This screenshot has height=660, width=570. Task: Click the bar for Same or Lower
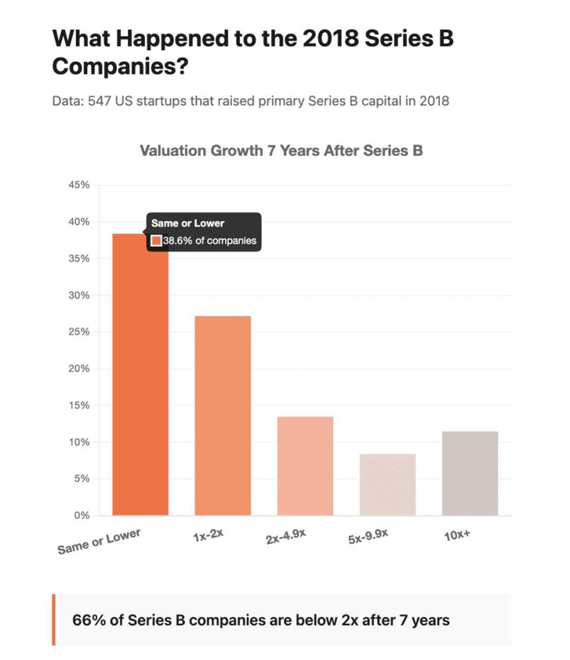pos(140,380)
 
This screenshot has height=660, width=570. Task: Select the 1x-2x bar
pos(222,415)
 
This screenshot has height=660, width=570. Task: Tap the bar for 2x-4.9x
pos(305,466)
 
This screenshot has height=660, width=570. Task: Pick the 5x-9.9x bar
pos(387,484)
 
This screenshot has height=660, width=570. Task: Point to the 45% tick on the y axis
pos(79,185)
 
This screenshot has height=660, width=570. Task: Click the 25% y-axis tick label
pos(79,332)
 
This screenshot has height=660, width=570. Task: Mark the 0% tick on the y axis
pos(81,516)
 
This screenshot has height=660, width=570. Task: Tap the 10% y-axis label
pos(79,442)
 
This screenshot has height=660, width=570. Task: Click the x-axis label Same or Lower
pos(99,542)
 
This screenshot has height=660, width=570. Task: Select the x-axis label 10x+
pos(457,536)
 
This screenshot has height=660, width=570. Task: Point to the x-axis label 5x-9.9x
pos(368,537)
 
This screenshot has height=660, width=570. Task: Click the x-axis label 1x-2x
pos(208,535)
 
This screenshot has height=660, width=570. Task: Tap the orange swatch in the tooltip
pos(156,241)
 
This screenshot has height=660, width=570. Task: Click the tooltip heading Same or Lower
pos(188,223)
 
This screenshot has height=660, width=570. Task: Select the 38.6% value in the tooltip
pos(178,241)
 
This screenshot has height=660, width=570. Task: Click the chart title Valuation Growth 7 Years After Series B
pos(281,151)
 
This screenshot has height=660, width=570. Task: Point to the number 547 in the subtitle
pos(100,101)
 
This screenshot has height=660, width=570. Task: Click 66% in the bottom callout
pos(89,620)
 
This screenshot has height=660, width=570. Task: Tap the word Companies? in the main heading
pos(120,66)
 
